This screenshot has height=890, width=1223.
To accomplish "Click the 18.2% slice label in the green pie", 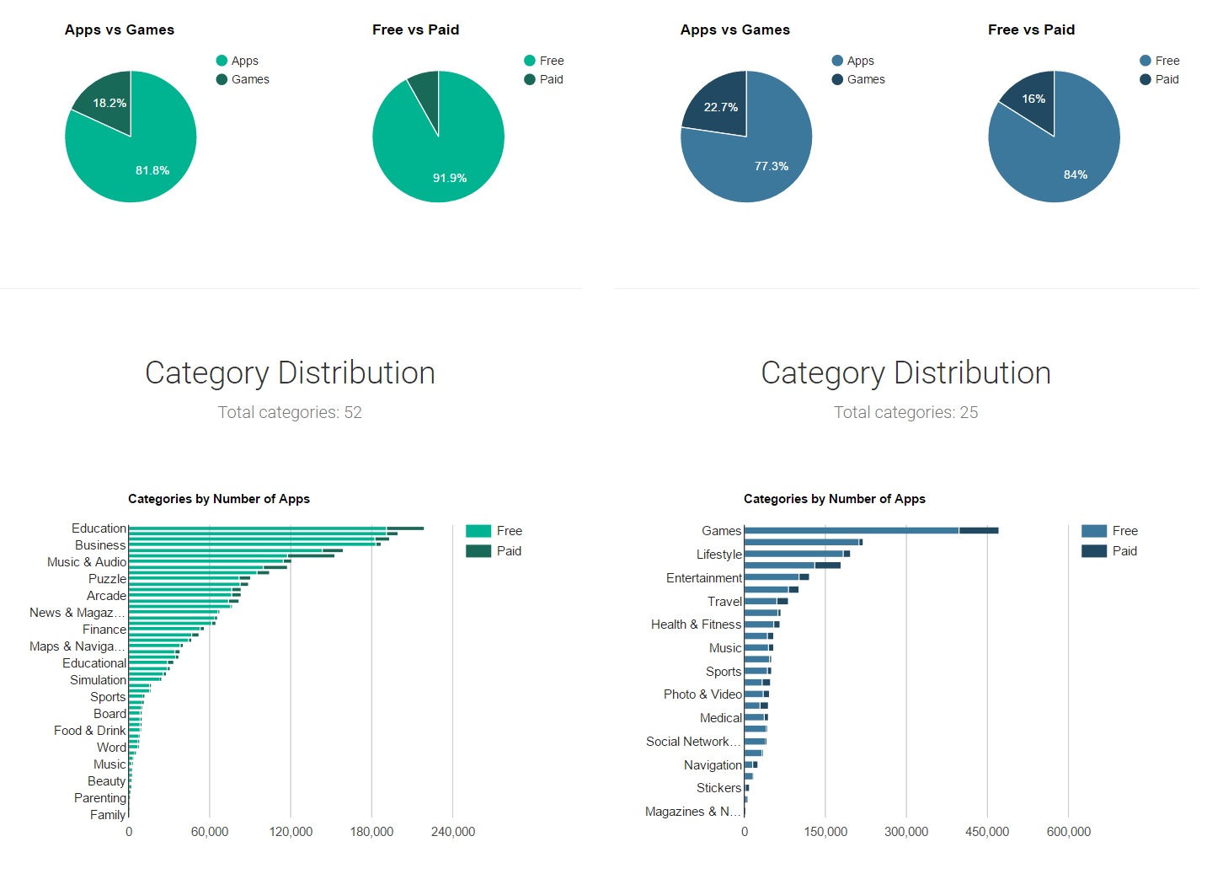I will point(109,103).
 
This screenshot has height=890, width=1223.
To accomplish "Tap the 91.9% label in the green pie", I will point(449,178).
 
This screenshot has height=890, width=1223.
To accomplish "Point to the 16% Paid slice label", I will point(1033,99).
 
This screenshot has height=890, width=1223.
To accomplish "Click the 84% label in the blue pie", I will point(1076,174).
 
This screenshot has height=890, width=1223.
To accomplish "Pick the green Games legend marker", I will point(222,79).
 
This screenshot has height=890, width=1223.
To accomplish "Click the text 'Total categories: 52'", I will point(290,412).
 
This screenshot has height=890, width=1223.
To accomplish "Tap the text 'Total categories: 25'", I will point(905,412).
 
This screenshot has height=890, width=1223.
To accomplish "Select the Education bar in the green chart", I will point(275,528).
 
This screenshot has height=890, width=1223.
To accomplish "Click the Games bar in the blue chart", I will point(870,530).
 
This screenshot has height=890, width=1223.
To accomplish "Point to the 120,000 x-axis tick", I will point(291,832).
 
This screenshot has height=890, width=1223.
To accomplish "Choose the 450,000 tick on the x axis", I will point(987,832).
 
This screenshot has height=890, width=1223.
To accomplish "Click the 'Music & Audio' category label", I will point(87,562).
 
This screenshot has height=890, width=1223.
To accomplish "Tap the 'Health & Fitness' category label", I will point(696,625).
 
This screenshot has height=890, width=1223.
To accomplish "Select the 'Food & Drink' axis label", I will point(89,731).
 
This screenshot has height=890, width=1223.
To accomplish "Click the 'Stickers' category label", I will point(718,788).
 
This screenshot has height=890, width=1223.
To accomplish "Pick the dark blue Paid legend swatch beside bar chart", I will point(1093,551).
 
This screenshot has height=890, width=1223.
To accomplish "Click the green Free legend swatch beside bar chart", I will point(478,531).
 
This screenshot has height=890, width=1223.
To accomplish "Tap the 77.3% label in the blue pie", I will point(772,166).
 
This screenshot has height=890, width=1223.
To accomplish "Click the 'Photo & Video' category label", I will point(702,694).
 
